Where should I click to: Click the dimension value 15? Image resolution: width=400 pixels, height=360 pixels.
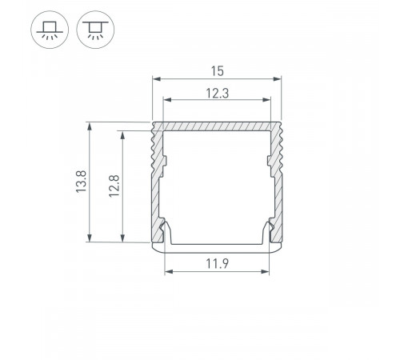coord(218,70)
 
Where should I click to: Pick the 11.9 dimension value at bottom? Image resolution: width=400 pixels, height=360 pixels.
coord(218,263)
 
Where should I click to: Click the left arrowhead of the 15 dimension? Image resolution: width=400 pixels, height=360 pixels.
coord(156,80)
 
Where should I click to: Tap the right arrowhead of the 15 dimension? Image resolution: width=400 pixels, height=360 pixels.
coord(279,80)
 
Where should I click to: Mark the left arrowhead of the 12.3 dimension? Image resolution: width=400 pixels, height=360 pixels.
coord(168,100)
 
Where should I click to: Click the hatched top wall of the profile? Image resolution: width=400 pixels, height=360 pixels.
coord(218,127)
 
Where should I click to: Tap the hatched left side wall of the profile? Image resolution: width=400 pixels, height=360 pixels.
coord(157,184)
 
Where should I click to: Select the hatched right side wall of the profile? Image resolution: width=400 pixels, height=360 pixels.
coord(278,184)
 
